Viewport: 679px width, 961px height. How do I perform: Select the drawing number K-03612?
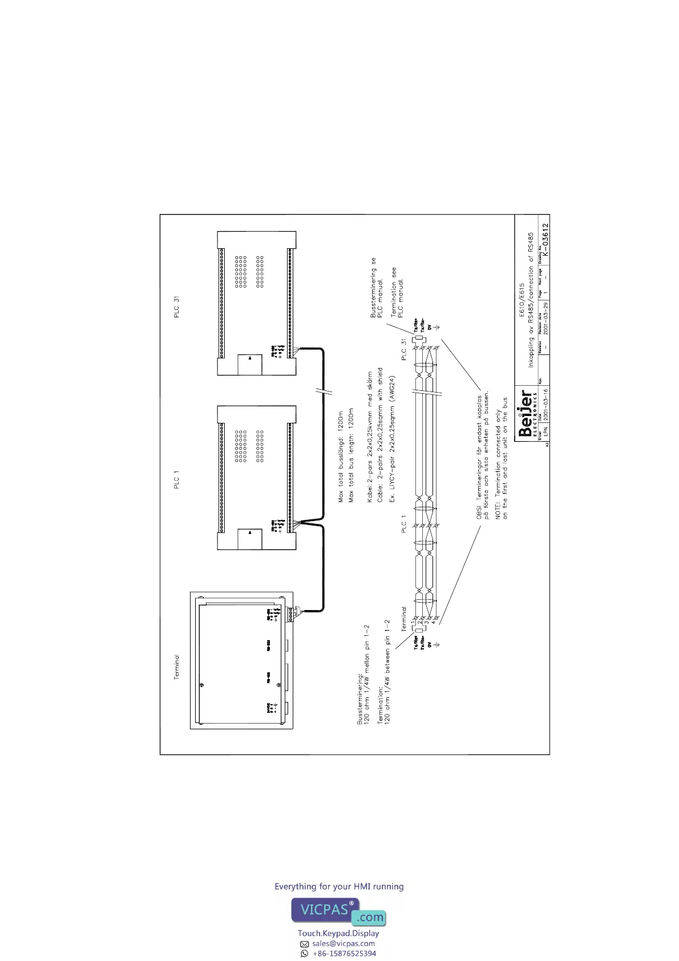point(545,239)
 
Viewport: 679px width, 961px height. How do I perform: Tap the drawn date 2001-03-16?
point(545,405)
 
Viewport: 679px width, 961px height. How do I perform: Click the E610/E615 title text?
point(521,300)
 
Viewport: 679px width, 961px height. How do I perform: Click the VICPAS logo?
point(338,911)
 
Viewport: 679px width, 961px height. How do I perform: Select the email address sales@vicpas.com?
point(343,943)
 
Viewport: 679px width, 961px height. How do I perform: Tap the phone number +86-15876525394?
point(344,953)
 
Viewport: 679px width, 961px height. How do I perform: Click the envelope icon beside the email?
point(305,944)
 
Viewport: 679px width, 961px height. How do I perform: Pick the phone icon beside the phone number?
point(305,953)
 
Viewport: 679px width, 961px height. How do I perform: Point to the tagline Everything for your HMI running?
point(339,886)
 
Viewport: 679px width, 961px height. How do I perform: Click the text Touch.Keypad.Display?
point(338,933)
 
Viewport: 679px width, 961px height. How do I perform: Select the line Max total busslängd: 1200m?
point(341,457)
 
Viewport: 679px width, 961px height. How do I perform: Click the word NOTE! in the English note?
point(498,509)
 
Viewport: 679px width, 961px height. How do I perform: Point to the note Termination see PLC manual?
point(397,292)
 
